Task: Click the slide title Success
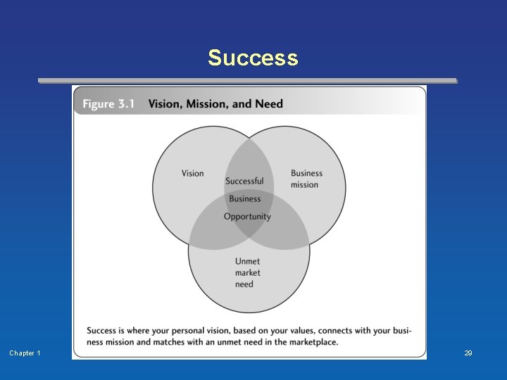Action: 253,58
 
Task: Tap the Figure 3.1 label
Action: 108,104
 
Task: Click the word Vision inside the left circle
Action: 192,173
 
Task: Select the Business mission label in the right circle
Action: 306,179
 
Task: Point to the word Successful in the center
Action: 244,181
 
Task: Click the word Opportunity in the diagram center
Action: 247,217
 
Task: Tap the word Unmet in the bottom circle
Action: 248,262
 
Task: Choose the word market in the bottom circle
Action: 248,273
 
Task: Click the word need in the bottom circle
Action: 244,284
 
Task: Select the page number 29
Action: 468,353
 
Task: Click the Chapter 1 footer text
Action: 25,353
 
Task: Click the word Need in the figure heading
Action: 269,104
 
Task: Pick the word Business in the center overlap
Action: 244,199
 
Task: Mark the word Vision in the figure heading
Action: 163,104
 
